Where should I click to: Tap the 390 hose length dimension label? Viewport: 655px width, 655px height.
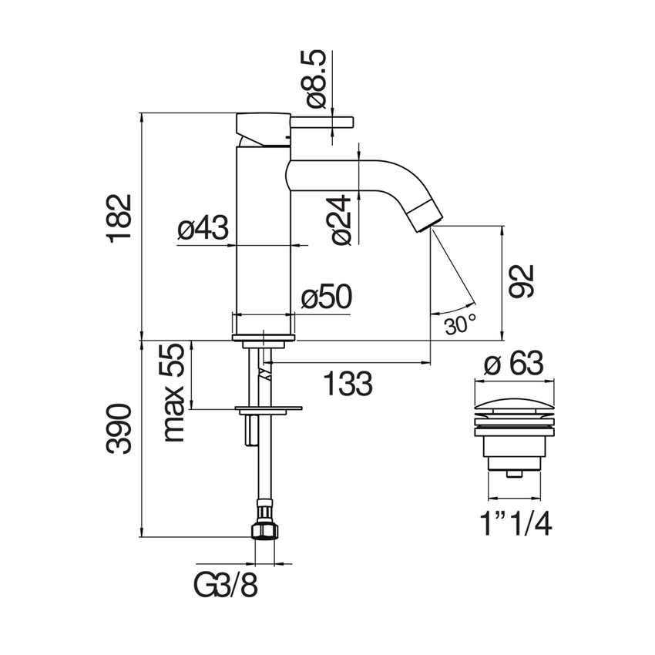click(121, 428)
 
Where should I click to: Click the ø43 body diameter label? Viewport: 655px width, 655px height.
click(203, 229)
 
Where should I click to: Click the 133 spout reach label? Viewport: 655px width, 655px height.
click(347, 382)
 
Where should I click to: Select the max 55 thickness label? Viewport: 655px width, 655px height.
click(175, 393)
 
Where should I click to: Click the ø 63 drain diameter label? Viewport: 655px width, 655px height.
click(512, 363)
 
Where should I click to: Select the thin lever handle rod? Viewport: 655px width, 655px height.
click(321, 121)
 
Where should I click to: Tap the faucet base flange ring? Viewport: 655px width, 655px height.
click(264, 337)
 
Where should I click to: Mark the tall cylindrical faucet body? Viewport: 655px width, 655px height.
click(262, 231)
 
